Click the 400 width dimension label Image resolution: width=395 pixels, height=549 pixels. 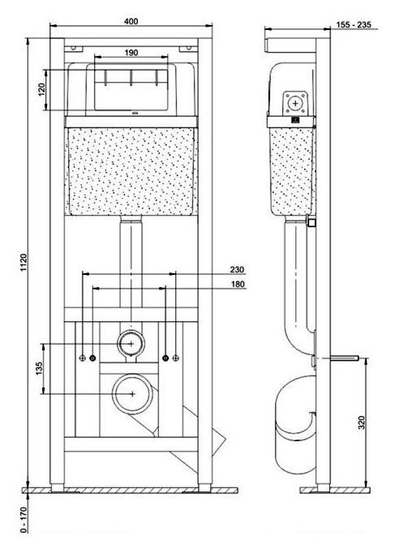click(x=131, y=21)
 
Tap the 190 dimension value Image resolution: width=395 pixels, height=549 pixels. click(x=131, y=53)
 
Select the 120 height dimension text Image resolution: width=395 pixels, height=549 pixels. click(x=41, y=90)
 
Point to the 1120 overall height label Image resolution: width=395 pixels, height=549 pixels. click(x=24, y=263)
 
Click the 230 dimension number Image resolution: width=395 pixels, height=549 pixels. click(x=237, y=269)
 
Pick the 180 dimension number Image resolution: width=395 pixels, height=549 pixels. click(x=238, y=284)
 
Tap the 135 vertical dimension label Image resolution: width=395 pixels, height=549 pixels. click(x=38, y=368)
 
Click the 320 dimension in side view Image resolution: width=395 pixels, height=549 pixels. click(x=362, y=422)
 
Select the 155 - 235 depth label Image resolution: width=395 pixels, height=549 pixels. click(x=354, y=24)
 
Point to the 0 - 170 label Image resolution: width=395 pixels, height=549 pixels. click(x=24, y=520)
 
